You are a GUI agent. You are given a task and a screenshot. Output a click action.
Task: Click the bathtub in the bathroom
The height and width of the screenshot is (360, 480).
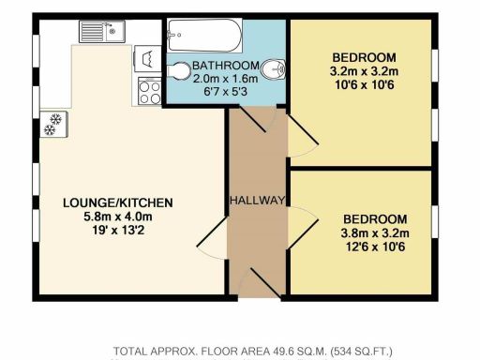[203, 38]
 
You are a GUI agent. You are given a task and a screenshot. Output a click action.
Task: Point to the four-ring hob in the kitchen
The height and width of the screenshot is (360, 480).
[148, 91]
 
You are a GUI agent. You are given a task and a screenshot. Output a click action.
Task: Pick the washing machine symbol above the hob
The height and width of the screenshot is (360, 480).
[147, 60]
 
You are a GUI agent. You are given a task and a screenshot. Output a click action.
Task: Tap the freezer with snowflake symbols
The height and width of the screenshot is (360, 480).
[52, 122]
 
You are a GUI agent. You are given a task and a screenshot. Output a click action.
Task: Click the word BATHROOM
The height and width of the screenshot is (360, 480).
[223, 66]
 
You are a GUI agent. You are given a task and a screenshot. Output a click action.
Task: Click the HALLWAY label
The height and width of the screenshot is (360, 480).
[257, 201]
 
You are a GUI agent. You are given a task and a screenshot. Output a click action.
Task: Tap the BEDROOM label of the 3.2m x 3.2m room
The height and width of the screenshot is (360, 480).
[363, 56]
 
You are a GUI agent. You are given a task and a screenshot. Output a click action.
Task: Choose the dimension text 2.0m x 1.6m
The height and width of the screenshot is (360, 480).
[223, 80]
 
